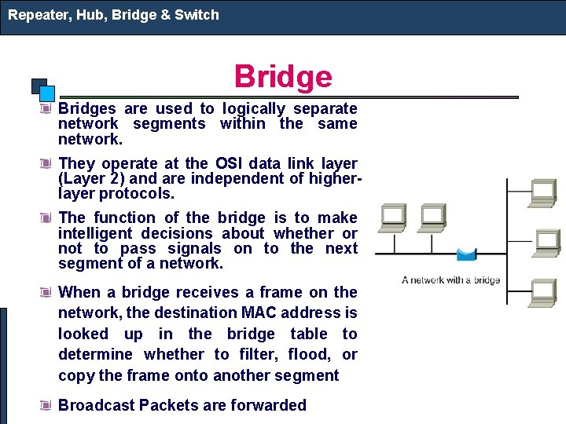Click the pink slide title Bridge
coord(283,77)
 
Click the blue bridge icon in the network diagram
coord(466,254)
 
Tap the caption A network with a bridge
coord(450,280)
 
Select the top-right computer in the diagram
coord(543,192)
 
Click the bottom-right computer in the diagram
coord(543,292)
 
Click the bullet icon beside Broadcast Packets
coord(47,405)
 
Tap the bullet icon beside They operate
coord(47,163)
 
